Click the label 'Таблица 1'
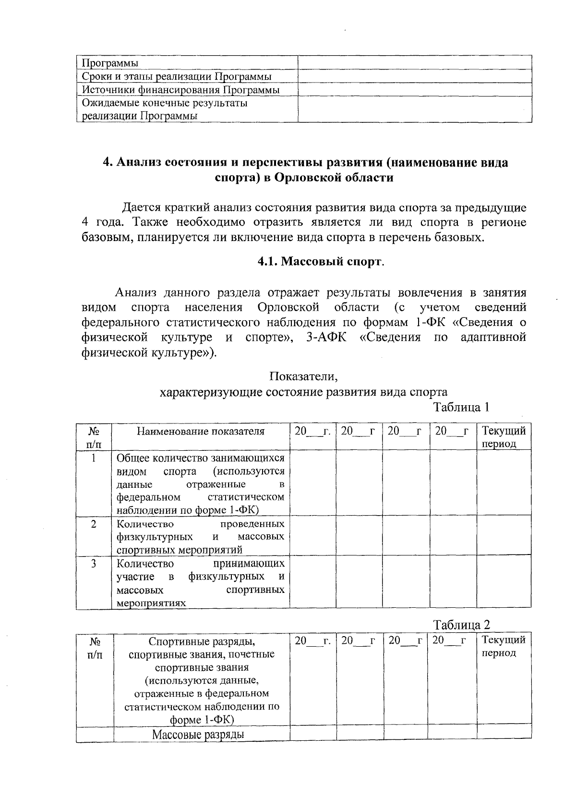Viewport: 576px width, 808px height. tap(461, 408)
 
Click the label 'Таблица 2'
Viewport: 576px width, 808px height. tap(461, 625)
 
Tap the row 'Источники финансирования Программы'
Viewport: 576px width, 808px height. tap(181, 90)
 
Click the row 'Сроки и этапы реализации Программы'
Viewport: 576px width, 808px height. tap(177, 76)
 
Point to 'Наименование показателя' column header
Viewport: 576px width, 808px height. tap(201, 431)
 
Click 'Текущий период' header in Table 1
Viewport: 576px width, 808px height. tap(504, 436)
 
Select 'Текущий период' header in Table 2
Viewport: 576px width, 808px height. tap(504, 646)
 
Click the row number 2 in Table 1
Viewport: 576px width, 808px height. tap(94, 524)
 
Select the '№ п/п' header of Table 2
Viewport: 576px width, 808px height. tap(95, 647)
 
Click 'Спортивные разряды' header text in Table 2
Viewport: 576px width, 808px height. tap(202, 641)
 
